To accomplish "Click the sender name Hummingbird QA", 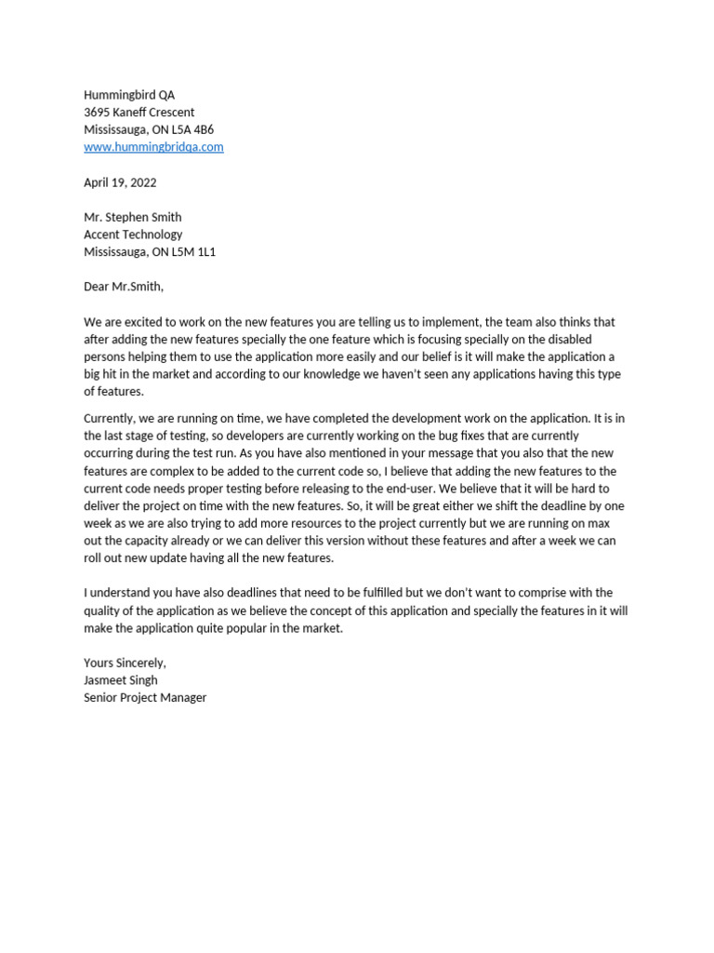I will (x=129, y=95).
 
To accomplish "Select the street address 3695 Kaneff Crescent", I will (x=139, y=113).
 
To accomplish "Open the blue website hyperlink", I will (x=153, y=147).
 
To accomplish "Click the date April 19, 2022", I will (x=120, y=182).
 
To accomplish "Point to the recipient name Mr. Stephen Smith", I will (x=133, y=217).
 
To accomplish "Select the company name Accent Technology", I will (x=133, y=235).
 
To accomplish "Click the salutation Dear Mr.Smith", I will (x=123, y=287).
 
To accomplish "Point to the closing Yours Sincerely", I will (x=125, y=663).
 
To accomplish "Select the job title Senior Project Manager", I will (x=145, y=697).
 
